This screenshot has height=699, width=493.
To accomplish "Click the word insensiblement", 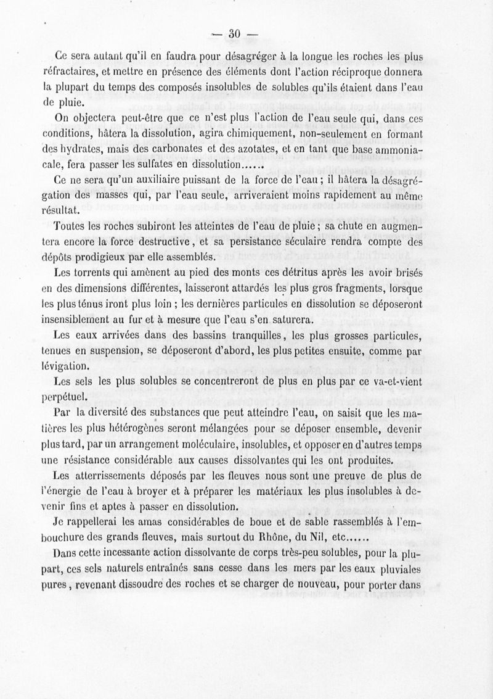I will (x=79, y=320).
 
